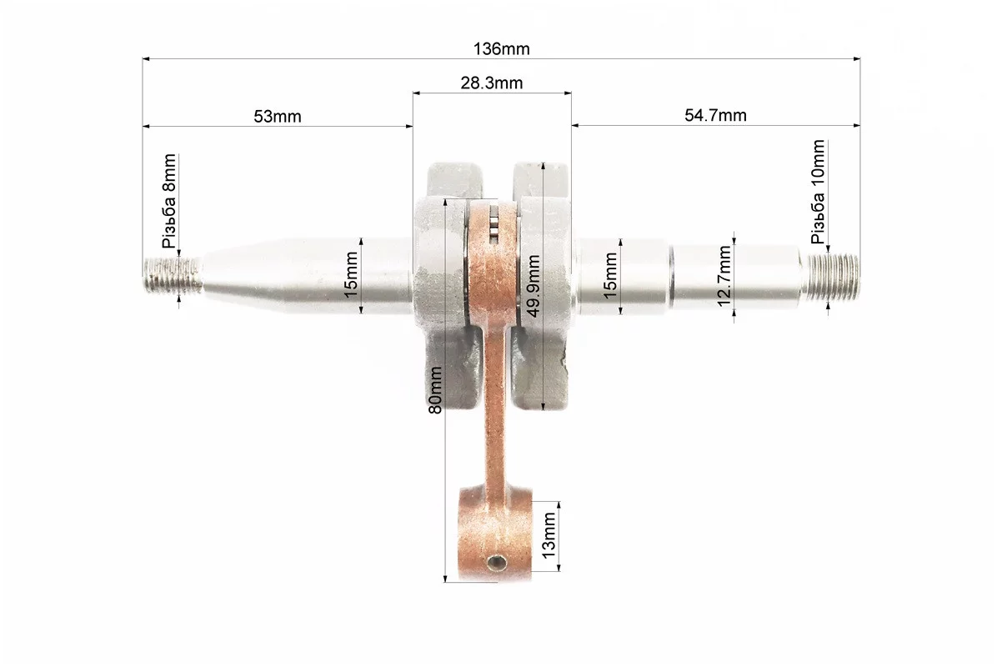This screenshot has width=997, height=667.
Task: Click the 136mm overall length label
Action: [501, 49]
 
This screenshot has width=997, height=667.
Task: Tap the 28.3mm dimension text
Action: [492, 83]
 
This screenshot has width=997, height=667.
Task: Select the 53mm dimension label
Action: [278, 117]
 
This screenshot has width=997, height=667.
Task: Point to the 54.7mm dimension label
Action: [715, 115]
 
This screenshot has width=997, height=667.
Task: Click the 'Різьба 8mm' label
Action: [169, 201]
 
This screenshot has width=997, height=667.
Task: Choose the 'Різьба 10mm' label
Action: [818, 192]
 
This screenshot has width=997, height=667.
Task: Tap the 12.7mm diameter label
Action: [724, 276]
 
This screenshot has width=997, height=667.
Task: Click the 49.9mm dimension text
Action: [533, 285]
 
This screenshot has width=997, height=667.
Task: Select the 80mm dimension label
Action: [435, 389]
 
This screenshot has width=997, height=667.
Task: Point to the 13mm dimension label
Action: [548, 535]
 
